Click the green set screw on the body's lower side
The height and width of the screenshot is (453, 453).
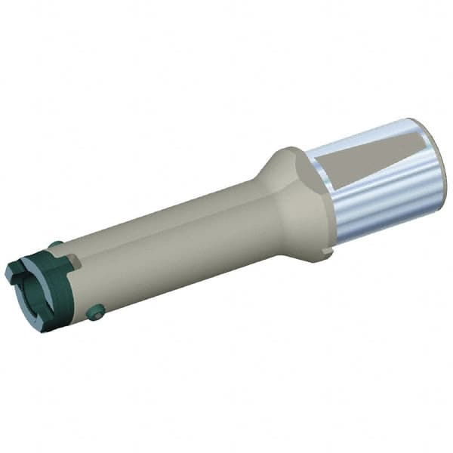tap(95, 311)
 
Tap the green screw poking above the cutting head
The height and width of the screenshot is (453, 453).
tap(55, 244)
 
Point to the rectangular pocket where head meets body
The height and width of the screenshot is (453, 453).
tap(74, 260)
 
